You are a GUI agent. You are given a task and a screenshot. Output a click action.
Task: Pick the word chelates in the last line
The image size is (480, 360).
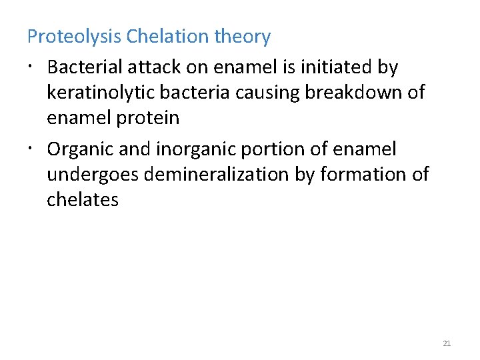(x=83, y=200)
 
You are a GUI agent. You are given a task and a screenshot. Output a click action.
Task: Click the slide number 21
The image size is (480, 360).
(x=447, y=344)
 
